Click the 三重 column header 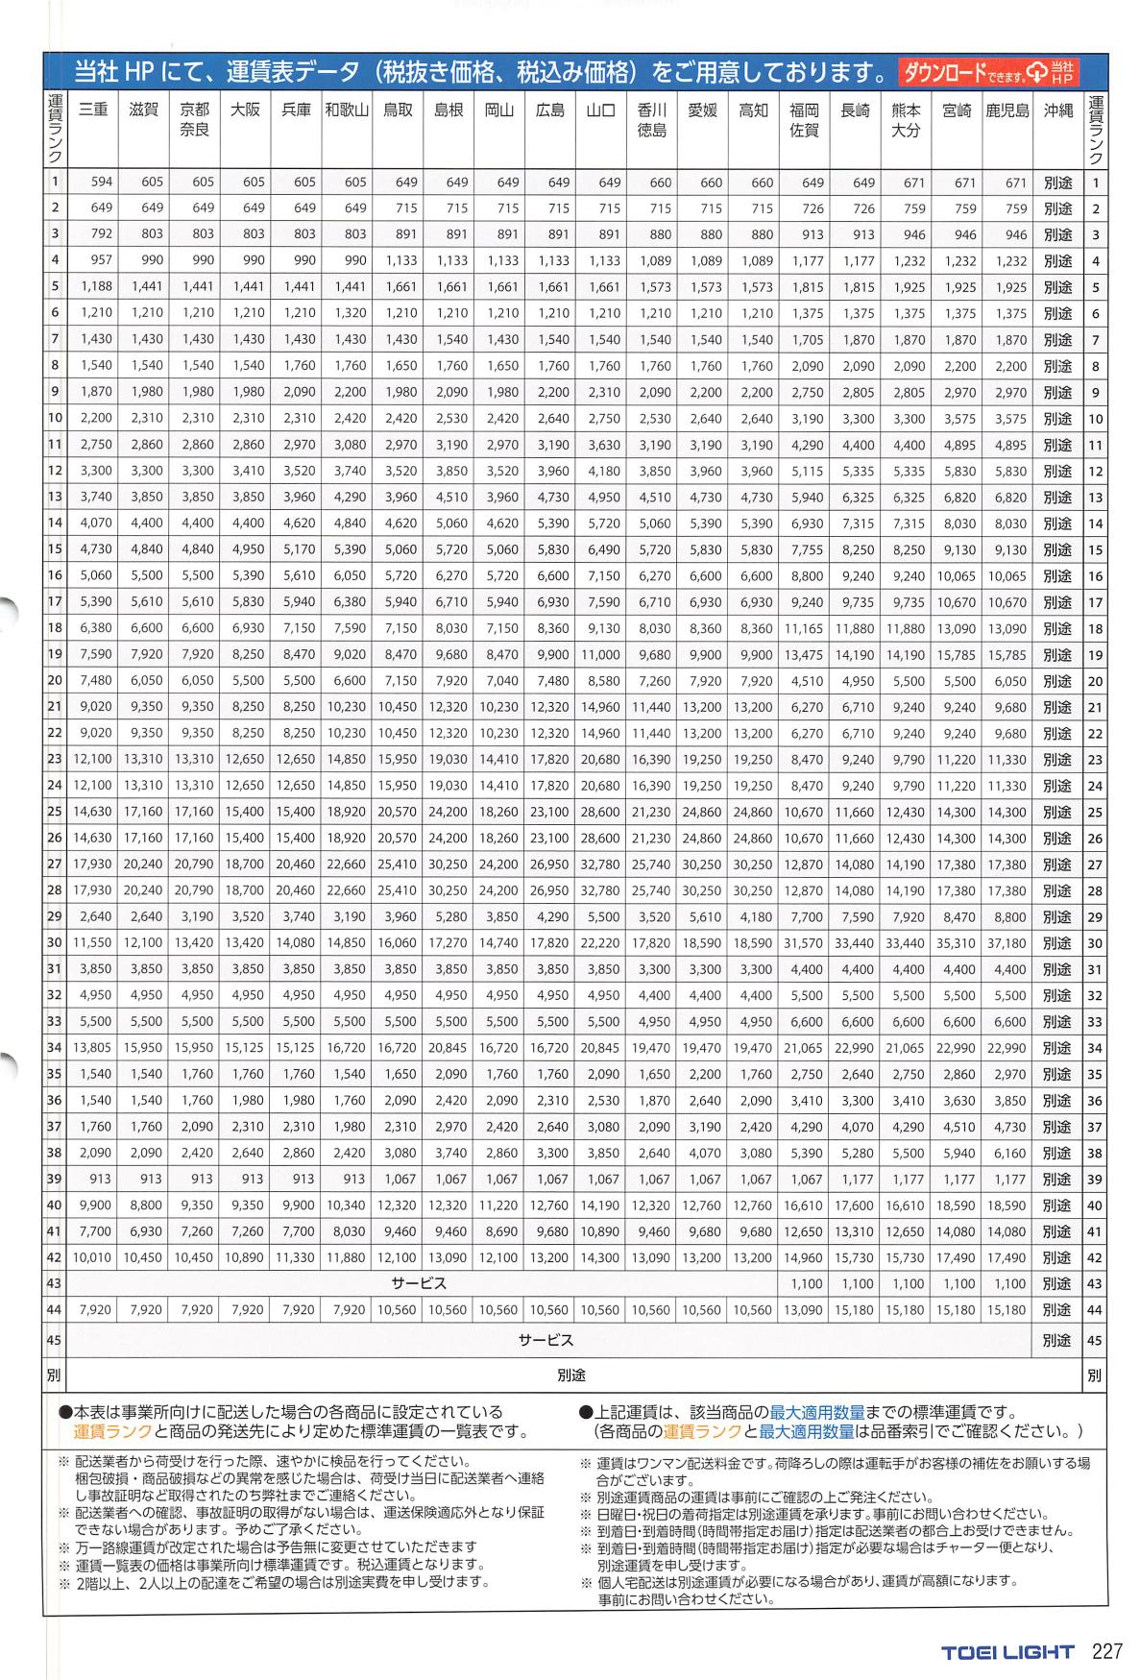pos(92,110)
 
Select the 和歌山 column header pos(346,110)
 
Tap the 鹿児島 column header pos(1007,110)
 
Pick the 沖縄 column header pos(1057,110)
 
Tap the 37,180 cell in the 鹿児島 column pos(1007,943)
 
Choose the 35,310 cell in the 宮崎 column pos(956,943)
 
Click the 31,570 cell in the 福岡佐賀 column pos(803,943)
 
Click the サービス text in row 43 pos(419,1283)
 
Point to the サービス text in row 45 pos(546,1339)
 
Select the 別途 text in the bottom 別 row pos(571,1376)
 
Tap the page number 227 pos(1107,1652)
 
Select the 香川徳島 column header pos(651,119)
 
